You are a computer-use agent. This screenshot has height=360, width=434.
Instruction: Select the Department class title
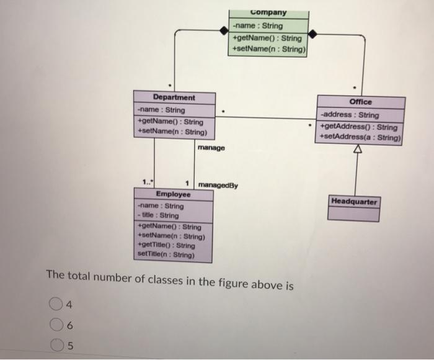[174, 97]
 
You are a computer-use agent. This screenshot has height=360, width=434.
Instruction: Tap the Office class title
[360, 102]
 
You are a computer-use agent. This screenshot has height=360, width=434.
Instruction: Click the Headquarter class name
[353, 202]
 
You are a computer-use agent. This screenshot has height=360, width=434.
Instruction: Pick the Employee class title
[174, 194]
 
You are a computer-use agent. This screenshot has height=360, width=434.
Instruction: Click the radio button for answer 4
[56, 304]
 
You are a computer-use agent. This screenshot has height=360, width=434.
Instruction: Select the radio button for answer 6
[56, 325]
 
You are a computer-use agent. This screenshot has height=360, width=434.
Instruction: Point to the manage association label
[212, 148]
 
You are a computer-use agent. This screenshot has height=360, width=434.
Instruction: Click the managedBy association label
[218, 186]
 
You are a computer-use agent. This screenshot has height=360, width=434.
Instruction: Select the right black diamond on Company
[314, 33]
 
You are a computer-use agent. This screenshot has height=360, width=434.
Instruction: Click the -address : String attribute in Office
[350, 115]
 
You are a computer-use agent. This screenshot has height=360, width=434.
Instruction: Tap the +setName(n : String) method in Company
[270, 48]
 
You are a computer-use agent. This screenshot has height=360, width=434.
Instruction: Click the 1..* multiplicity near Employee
[147, 182]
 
